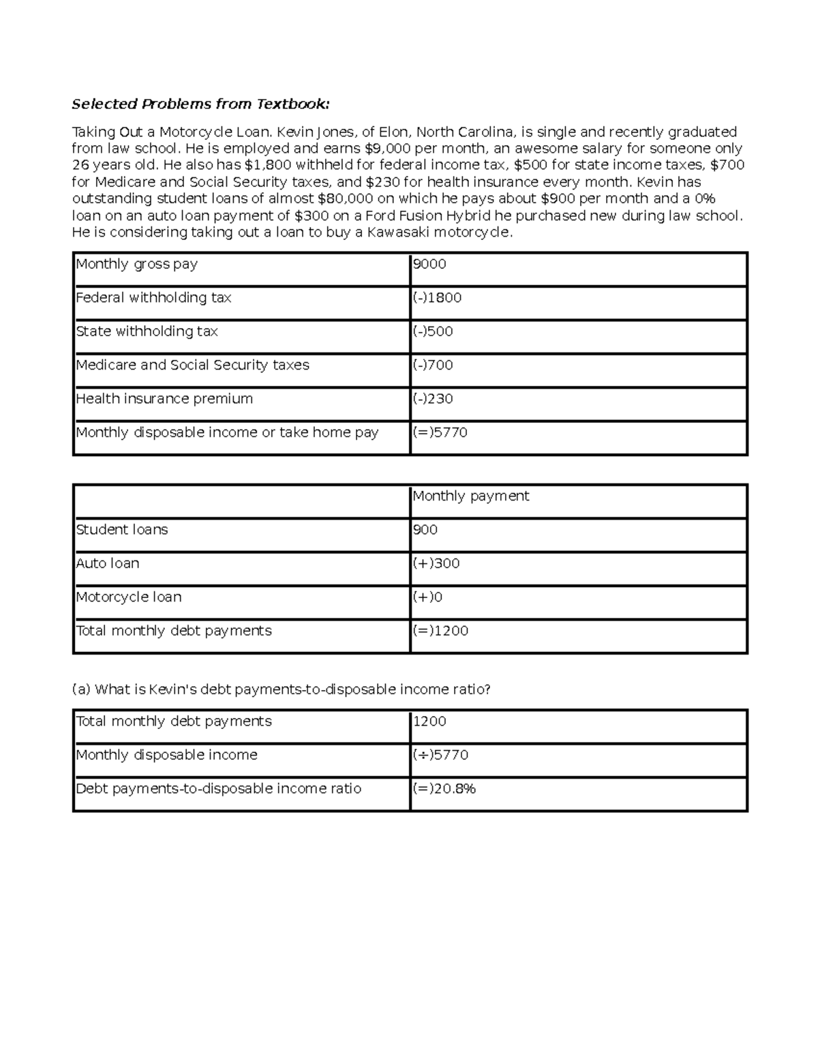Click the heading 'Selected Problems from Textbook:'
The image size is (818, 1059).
pos(200,104)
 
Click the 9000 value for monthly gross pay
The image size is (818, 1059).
pos(429,264)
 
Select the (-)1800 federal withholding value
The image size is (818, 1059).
pos(437,297)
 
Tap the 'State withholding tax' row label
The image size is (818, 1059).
pos(147,331)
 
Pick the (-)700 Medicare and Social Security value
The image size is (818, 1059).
pos(433,365)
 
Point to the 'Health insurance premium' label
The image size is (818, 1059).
pos(164,398)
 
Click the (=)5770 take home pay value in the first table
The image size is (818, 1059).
pos(440,432)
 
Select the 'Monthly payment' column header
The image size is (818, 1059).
pos(470,496)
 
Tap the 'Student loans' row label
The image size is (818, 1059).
pos(121,530)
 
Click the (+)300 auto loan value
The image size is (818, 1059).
pos(436,563)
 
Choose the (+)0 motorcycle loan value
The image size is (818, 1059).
pos(427,597)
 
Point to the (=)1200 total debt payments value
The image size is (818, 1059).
pos(440,631)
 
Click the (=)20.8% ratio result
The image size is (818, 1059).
pos(444,789)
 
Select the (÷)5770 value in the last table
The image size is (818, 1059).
pos(440,755)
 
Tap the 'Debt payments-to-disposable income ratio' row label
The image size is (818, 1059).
pos(218,789)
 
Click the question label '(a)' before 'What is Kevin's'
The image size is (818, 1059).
pos(81,689)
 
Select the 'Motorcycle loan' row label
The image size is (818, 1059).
pos(128,597)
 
